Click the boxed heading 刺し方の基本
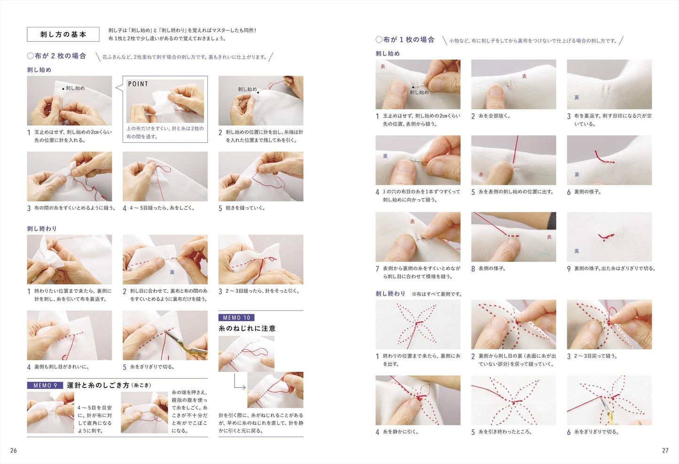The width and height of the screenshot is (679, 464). pyautogui.click(x=63, y=34)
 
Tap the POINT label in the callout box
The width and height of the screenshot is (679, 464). pyautogui.click(x=138, y=84)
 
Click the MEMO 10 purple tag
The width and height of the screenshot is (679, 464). pyautogui.click(x=236, y=318)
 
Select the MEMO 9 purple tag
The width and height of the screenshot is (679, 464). pyautogui.click(x=45, y=385)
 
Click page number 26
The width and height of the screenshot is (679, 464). pyautogui.click(x=14, y=450)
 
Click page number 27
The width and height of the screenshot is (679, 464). pyautogui.click(x=665, y=450)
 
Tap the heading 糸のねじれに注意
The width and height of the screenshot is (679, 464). pyautogui.click(x=247, y=328)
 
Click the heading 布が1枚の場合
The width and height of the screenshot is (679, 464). pyautogui.click(x=405, y=40)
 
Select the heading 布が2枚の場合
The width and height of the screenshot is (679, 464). pyautogui.click(x=57, y=56)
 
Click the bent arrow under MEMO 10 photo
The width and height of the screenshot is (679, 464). pyautogui.click(x=239, y=383)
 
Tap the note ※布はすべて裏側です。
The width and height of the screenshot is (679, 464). pyautogui.click(x=437, y=294)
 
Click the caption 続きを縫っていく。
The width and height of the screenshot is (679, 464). pyautogui.click(x=245, y=208)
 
